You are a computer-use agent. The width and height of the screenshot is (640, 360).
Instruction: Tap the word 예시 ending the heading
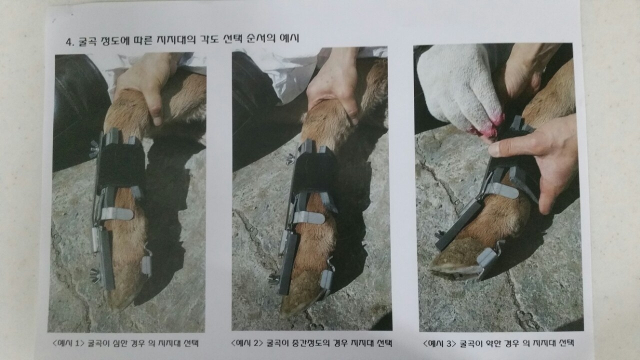click(289, 38)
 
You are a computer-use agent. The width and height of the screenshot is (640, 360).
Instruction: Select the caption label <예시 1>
click(69, 343)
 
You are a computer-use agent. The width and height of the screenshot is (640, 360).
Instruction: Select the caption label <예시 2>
click(247, 343)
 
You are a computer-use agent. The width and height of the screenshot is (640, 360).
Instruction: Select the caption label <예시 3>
click(439, 343)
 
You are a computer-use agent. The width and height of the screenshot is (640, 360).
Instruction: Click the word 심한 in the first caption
click(121, 343)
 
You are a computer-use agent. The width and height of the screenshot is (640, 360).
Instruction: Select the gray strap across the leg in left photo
click(117, 213)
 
